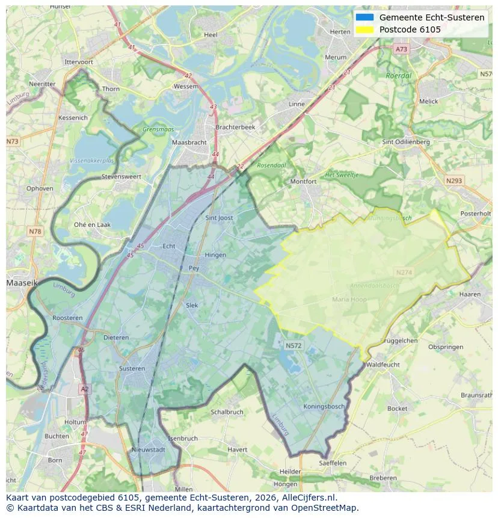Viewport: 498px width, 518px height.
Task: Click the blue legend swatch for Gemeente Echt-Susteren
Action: click(364, 17)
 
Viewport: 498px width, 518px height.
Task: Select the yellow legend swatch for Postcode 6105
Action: click(364, 29)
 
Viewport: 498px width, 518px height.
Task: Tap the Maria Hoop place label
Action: click(349, 299)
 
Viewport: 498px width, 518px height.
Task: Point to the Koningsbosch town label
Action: click(324, 406)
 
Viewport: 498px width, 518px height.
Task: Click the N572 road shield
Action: click(294, 345)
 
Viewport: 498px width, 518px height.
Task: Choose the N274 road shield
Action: click(404, 273)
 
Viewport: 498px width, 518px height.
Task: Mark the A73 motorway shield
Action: click(401, 49)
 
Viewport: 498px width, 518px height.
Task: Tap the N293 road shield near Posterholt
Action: click(454, 180)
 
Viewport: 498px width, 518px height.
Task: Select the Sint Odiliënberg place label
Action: click(406, 142)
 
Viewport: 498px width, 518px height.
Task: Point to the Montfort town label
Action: click(303, 181)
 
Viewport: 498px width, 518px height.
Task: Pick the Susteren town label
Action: click(132, 368)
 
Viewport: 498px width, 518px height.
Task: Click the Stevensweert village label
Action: click(121, 177)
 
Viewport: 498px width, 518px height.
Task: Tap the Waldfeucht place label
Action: click(383, 365)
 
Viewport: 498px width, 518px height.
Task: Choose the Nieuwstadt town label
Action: click(148, 449)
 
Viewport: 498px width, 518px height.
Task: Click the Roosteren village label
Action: click(67, 318)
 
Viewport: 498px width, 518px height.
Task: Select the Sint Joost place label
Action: click(219, 218)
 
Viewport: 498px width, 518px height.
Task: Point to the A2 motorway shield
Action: click(84, 389)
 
